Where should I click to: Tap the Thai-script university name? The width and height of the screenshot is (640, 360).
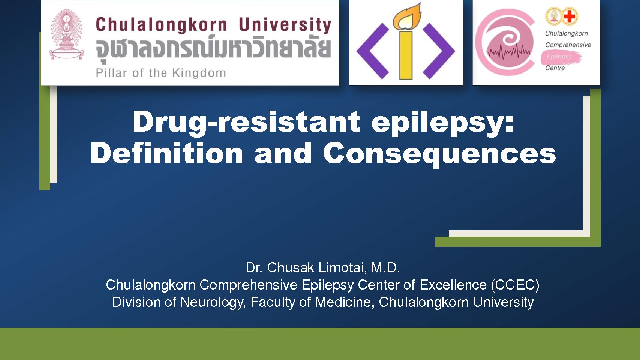pyautogui.click(x=213, y=49)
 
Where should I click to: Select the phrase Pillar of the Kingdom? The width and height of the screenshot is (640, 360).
pyautogui.click(x=161, y=73)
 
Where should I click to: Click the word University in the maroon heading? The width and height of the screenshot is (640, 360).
pyautogui.click(x=285, y=25)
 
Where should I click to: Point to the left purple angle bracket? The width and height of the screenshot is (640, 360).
pyautogui.click(x=373, y=51)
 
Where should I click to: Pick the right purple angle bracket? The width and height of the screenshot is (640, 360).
pyautogui.click(x=439, y=51)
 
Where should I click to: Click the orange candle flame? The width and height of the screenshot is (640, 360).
pyautogui.click(x=407, y=16)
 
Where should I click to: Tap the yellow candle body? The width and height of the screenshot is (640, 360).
pyautogui.click(x=406, y=55)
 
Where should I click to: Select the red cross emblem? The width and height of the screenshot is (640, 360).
pyautogui.click(x=569, y=16)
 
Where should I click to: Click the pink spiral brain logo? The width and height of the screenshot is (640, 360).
pyautogui.click(x=505, y=42)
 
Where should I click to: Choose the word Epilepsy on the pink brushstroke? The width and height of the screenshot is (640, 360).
pyautogui.click(x=559, y=57)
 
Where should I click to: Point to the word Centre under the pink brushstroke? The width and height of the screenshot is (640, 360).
pyautogui.click(x=555, y=68)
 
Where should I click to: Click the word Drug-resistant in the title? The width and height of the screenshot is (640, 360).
pyautogui.click(x=246, y=122)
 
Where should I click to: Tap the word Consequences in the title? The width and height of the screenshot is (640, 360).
pyautogui.click(x=439, y=154)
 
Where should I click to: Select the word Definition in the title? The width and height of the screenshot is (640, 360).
pyautogui.click(x=167, y=153)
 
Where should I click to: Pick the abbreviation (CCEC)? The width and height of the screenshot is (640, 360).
pyautogui.click(x=515, y=285)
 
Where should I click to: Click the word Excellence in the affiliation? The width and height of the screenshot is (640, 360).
pyautogui.click(x=453, y=285)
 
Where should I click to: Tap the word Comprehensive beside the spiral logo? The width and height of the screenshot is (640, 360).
pyautogui.click(x=568, y=45)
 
